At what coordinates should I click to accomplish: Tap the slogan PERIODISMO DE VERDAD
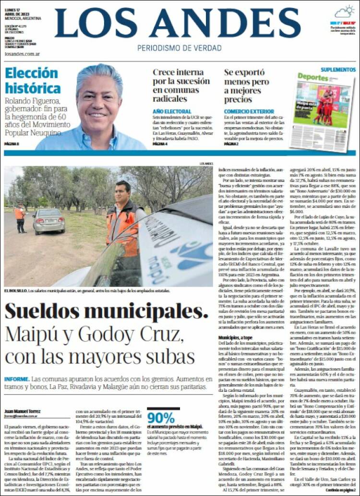pos(179,48)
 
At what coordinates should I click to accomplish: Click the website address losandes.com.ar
pos(21,54)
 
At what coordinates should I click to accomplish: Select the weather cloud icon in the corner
pos(345,12)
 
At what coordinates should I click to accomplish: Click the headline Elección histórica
pos(32,81)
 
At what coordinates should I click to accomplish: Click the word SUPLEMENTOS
pos(338,70)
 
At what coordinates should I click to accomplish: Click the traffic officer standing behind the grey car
pos(20,218)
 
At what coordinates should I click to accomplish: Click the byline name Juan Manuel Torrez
pos(23,411)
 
